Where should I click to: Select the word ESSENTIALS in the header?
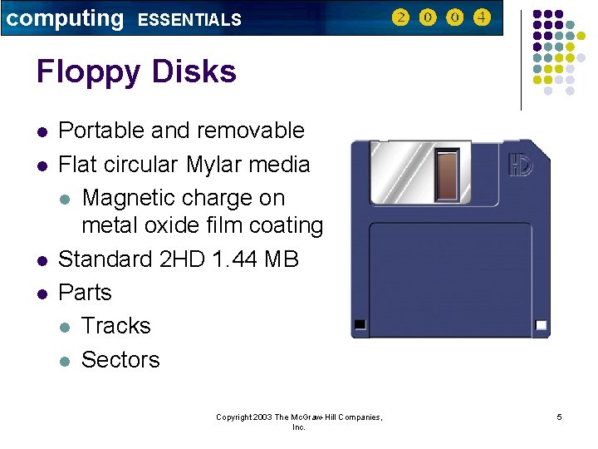click(x=189, y=20)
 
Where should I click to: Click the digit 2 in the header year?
click(x=400, y=17)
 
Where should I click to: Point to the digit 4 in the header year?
click(x=482, y=17)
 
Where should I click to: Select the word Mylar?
click(x=218, y=165)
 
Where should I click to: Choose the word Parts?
click(x=85, y=293)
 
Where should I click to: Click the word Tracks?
click(x=116, y=326)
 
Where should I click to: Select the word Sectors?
click(x=120, y=359)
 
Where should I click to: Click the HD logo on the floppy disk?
click(x=521, y=165)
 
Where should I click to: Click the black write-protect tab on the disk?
click(x=360, y=323)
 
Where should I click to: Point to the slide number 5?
click(x=559, y=417)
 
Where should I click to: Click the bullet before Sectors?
click(x=66, y=361)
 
